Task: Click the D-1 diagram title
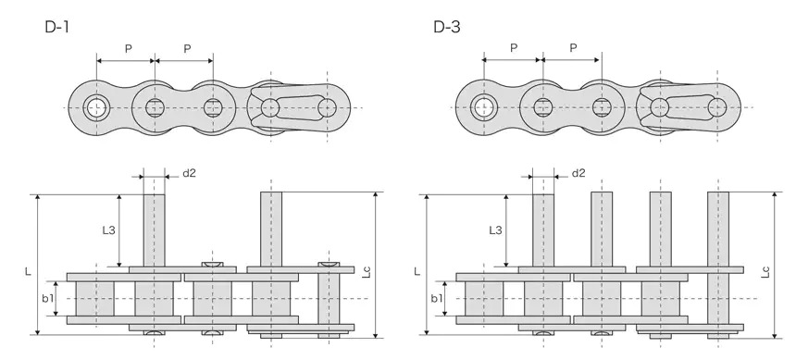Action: pos(58,27)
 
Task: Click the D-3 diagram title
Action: pos(447,27)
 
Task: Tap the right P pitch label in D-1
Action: pos(187,48)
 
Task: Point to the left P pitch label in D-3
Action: pos(512,48)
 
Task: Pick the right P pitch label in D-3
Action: pos(573,48)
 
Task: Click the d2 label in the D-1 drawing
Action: pos(189,173)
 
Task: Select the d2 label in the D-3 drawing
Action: pos(578,173)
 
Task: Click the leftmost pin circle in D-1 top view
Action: pos(96,107)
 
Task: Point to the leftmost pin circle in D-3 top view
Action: pos(483,107)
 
